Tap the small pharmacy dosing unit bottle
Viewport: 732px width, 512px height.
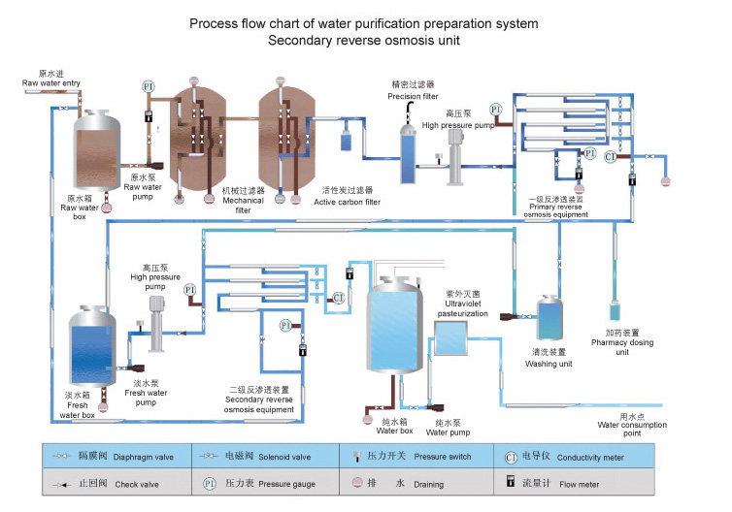click(x=615, y=311)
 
